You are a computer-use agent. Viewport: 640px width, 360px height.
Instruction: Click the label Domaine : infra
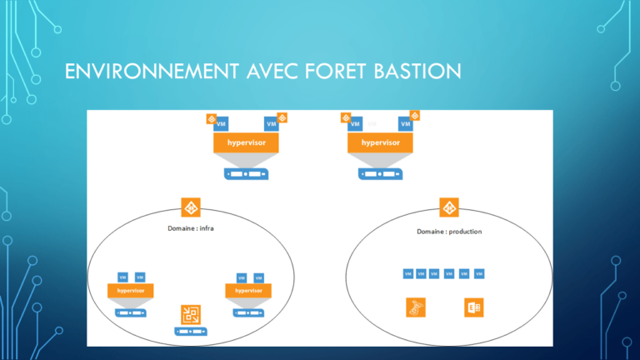coord(185,228)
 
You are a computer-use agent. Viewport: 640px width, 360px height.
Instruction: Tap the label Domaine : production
coord(449,231)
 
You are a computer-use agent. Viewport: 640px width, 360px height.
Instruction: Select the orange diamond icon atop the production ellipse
coord(449,208)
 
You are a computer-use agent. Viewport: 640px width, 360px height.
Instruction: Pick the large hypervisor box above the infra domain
coord(246,142)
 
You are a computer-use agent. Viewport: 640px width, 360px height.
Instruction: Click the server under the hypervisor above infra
coord(246,174)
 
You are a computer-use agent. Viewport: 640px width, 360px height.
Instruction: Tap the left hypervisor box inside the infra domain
coord(132,291)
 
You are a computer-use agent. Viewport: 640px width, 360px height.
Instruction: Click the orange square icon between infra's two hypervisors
coord(191,314)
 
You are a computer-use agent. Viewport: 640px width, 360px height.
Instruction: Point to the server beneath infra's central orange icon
coord(191,332)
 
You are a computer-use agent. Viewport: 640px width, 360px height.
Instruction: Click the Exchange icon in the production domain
coord(473,307)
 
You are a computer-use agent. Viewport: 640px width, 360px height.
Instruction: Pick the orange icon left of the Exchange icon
coord(415,307)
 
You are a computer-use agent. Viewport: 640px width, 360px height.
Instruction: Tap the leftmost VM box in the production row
coord(408,273)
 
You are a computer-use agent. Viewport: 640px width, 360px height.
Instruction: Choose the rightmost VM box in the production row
coord(479,273)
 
